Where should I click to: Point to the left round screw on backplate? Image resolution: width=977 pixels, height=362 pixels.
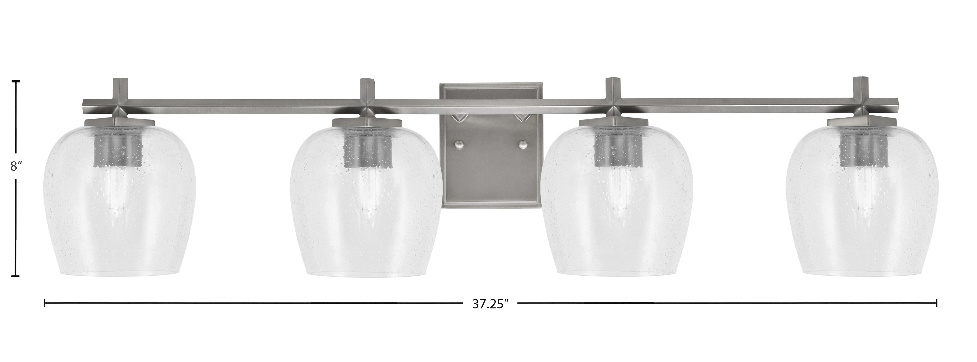point(459,145)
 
